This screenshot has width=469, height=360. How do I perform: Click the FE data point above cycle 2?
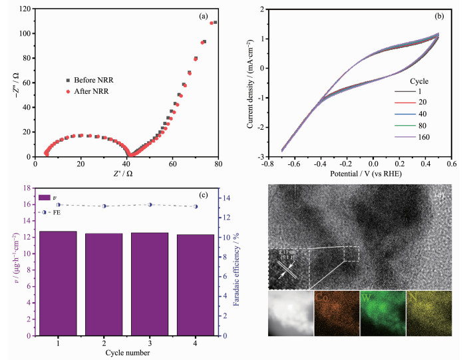click(x=103, y=206)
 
